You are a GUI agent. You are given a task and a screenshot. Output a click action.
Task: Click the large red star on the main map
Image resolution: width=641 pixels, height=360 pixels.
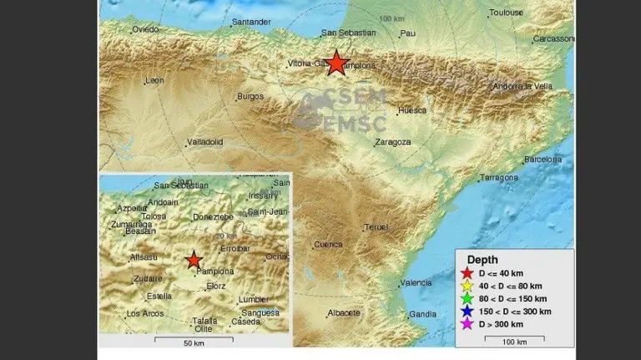336,63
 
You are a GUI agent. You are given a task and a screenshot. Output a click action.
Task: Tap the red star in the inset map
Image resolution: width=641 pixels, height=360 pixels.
194,260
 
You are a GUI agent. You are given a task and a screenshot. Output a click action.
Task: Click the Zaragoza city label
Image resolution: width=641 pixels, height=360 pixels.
393,142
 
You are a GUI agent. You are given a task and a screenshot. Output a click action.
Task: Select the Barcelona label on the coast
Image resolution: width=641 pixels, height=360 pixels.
543,159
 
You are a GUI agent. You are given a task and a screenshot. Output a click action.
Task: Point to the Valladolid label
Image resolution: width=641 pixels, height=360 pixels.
204,142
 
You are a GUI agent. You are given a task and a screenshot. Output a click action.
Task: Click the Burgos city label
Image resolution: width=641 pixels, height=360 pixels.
250,96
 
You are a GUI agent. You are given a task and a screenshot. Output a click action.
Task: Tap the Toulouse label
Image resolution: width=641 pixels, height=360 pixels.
507,13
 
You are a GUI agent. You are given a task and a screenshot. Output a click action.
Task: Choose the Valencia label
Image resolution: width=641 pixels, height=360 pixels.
416,283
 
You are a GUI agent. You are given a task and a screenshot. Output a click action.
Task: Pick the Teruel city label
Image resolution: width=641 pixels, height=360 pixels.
376,226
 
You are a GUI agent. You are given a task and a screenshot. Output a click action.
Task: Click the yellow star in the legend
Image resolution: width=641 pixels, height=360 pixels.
467,286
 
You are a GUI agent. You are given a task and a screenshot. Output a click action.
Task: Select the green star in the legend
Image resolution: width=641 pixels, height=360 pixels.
467,298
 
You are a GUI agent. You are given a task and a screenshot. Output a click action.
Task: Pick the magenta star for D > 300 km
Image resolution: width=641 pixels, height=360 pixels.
467,324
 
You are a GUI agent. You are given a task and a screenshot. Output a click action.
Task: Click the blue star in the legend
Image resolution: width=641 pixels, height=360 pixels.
467,311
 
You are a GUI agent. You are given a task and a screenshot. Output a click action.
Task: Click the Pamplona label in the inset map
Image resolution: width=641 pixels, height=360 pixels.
215,271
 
